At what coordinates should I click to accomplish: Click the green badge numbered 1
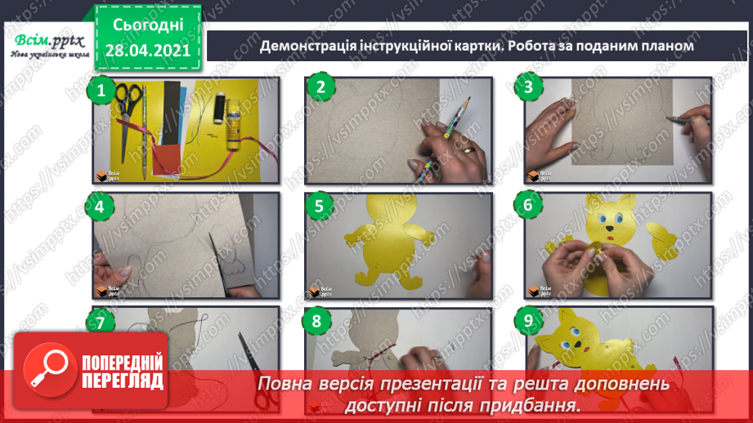(x=101, y=91)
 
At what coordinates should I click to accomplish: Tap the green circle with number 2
(x=320, y=87)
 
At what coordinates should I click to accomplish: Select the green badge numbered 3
(x=528, y=87)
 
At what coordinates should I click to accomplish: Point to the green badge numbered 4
(x=100, y=207)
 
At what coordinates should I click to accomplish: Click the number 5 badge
(x=319, y=207)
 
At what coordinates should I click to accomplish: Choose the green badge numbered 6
(x=528, y=205)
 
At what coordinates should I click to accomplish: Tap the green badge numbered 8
(x=316, y=320)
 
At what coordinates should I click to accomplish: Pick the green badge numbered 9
(x=528, y=320)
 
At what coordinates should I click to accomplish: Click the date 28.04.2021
(x=148, y=51)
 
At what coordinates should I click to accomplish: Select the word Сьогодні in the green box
(x=148, y=25)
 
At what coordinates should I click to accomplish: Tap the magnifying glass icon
(x=50, y=370)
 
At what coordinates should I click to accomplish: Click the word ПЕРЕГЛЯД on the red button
(x=123, y=381)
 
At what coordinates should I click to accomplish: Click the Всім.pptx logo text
(x=49, y=41)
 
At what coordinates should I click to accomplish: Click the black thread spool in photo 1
(x=219, y=108)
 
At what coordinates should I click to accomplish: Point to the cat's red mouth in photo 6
(x=611, y=238)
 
